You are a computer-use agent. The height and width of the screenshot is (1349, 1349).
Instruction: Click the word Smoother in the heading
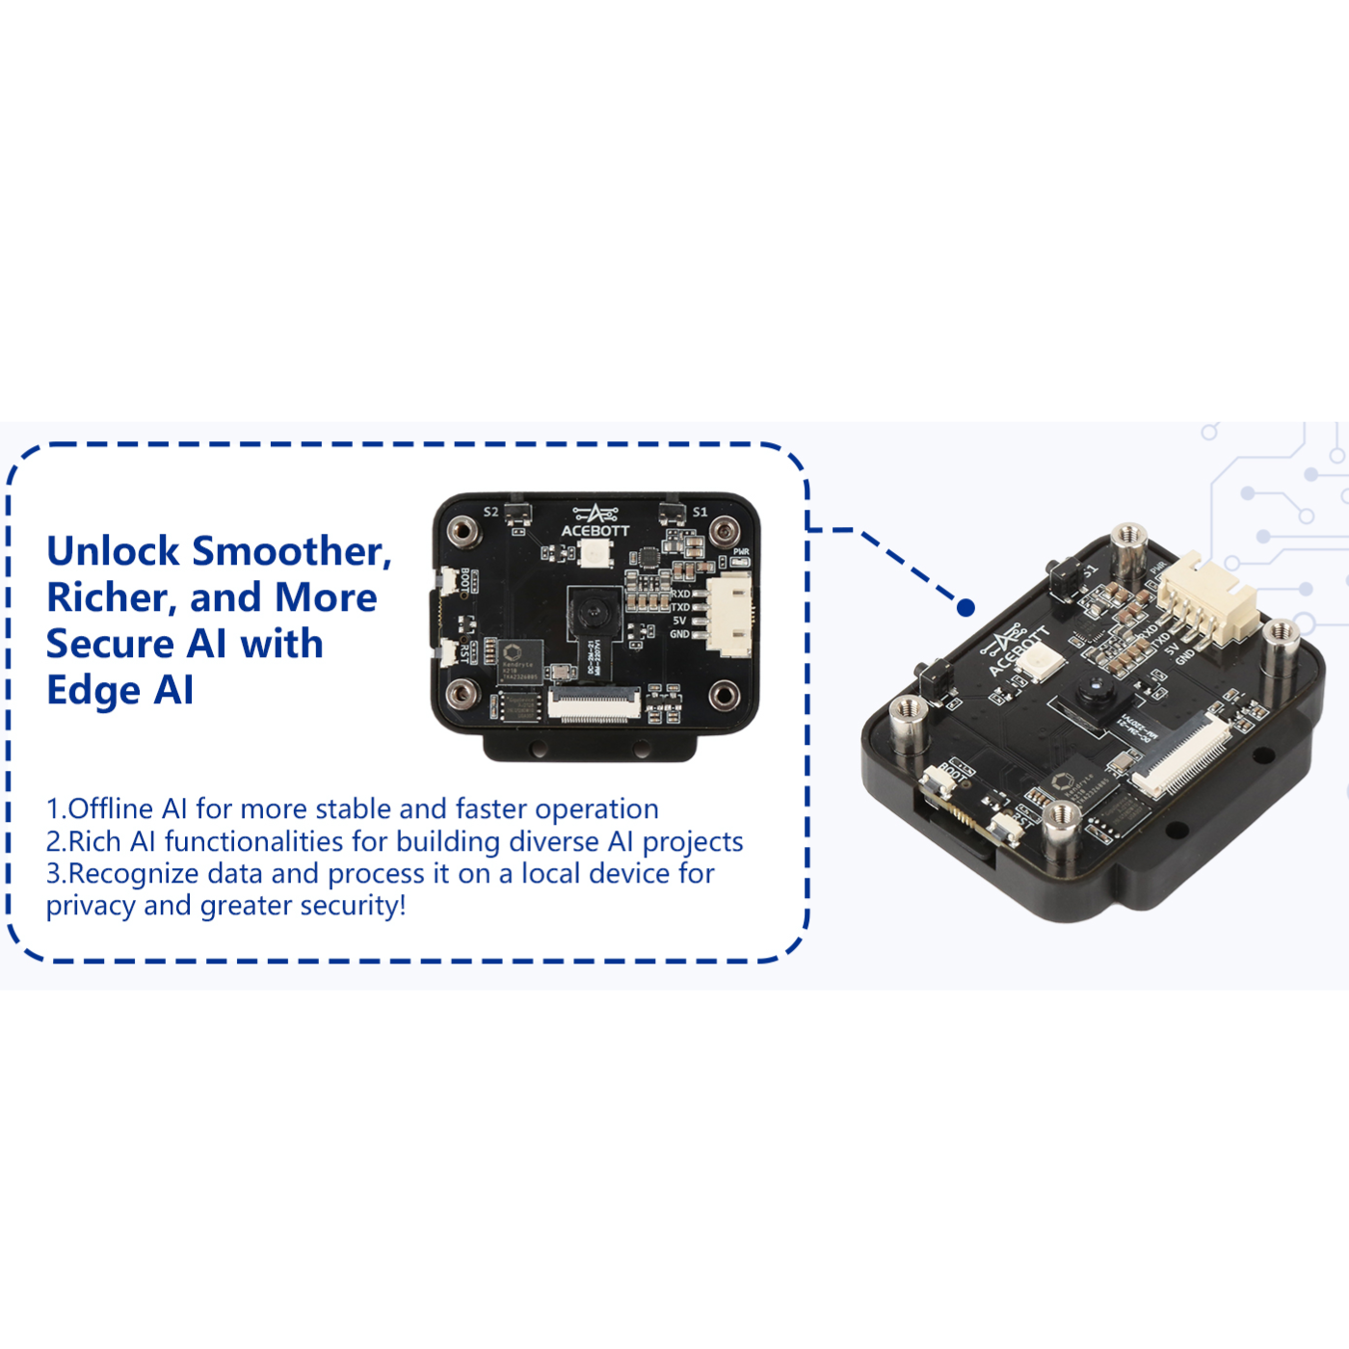pyautogui.click(x=291, y=551)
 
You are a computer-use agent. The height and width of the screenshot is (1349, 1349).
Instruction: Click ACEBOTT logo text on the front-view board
pyautogui.click(x=595, y=531)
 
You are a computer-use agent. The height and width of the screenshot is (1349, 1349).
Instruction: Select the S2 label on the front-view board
pyautogui.click(x=490, y=512)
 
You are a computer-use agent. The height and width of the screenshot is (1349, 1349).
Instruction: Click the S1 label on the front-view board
pyautogui.click(x=700, y=512)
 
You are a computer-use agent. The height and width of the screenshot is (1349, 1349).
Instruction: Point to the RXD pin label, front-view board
pyautogui.click(x=680, y=594)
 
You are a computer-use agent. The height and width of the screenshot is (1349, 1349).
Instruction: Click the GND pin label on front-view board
pyautogui.click(x=679, y=634)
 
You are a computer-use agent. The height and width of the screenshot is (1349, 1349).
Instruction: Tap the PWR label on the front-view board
pyautogui.click(x=740, y=552)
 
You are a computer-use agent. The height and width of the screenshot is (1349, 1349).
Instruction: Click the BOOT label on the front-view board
pyautogui.click(x=465, y=580)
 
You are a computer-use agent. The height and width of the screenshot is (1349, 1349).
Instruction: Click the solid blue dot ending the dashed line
pyautogui.click(x=965, y=607)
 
